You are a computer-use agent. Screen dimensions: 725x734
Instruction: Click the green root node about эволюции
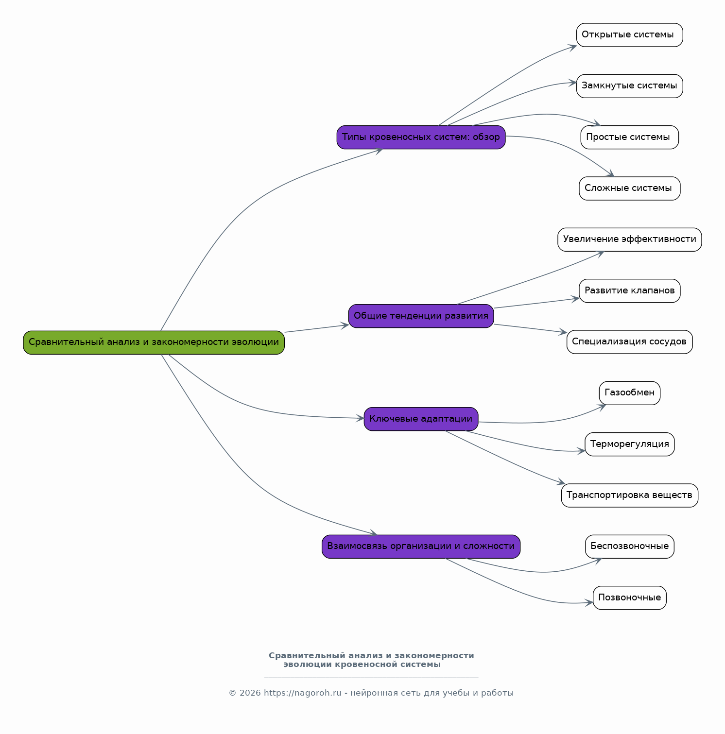coord(154,342)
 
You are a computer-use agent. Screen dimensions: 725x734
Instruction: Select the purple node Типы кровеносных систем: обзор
coord(421,137)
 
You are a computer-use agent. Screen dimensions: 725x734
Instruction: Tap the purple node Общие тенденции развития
coord(421,316)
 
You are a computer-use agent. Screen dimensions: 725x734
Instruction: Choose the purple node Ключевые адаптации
coord(421,419)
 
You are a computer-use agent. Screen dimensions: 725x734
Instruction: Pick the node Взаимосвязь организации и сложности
coord(421,546)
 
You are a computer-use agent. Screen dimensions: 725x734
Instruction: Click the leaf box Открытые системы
coord(629,35)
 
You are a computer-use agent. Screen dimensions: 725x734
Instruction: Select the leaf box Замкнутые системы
coord(629,86)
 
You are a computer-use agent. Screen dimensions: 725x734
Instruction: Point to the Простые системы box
coord(629,137)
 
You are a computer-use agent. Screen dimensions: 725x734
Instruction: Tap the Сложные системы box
coord(629,188)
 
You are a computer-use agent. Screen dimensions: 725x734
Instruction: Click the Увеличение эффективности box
coord(629,239)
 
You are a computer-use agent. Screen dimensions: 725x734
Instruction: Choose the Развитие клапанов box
coord(629,290)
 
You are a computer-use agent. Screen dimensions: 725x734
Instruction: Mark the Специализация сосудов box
coord(629,342)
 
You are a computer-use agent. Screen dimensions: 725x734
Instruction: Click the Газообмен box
coord(629,393)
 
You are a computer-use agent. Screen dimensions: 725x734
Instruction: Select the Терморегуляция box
coord(629,444)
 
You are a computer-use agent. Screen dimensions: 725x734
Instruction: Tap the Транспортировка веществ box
coord(629,495)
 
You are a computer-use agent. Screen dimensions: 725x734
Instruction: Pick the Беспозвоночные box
coord(629,546)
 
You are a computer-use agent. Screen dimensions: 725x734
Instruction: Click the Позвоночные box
coord(629,597)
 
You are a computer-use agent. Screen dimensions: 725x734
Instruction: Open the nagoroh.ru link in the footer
coord(303,693)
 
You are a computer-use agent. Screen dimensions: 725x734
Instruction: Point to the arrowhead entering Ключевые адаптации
coord(360,418)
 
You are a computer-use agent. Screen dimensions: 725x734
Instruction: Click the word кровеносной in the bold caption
coord(363,665)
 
